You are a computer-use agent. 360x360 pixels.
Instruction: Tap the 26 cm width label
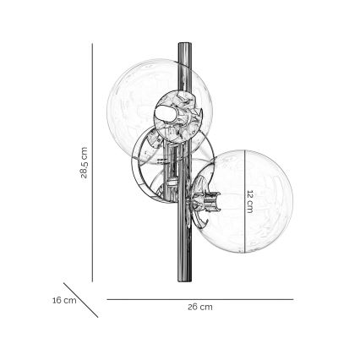tap(199, 308)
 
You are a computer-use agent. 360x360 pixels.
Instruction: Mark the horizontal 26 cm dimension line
tap(199, 298)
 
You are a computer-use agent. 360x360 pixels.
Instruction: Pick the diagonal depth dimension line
tap(82, 299)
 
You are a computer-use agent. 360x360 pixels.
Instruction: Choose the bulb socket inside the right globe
tap(206, 205)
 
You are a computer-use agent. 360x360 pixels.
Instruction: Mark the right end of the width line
tap(292, 298)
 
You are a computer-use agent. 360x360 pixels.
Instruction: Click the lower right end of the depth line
tap(98, 316)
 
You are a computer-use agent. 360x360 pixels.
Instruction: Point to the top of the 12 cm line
tap(244, 151)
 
